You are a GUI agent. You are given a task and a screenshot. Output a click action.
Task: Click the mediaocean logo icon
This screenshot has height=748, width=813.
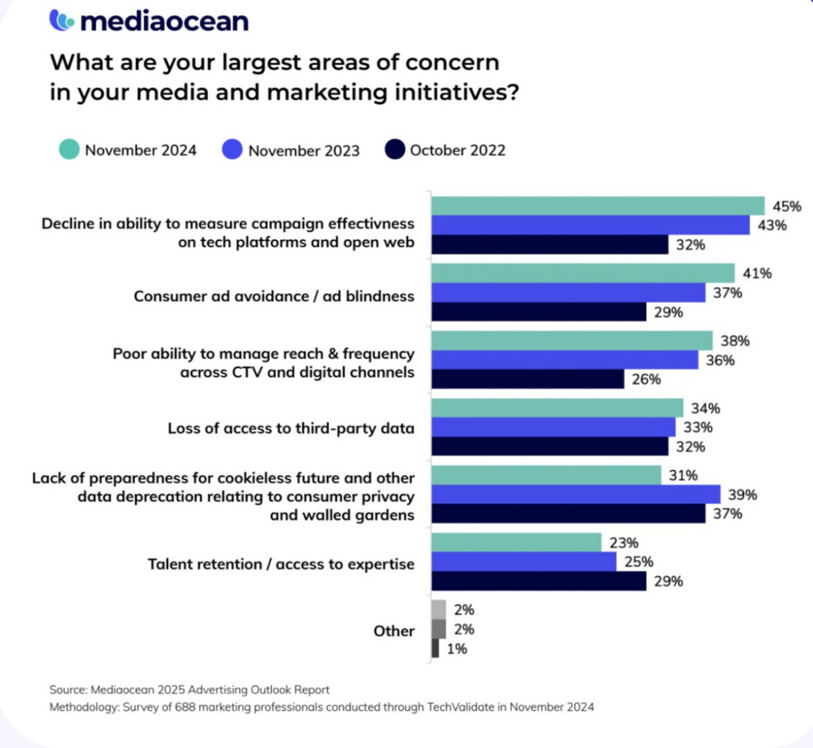(x=62, y=20)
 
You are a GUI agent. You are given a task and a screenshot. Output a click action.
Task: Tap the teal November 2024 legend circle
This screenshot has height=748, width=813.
(x=69, y=149)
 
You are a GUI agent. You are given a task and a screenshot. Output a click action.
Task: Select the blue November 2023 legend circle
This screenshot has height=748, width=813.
(x=232, y=149)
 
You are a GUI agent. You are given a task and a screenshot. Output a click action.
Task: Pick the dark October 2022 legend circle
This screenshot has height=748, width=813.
(x=394, y=149)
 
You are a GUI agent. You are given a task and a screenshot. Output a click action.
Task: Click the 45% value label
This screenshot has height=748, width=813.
(x=787, y=206)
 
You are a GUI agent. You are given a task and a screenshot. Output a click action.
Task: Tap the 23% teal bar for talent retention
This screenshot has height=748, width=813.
(x=516, y=543)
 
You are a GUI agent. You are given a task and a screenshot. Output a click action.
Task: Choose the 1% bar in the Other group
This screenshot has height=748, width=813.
(x=435, y=648)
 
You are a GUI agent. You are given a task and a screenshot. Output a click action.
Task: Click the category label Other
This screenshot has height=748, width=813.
(x=394, y=630)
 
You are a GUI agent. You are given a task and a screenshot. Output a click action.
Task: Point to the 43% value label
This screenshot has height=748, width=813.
(x=772, y=225)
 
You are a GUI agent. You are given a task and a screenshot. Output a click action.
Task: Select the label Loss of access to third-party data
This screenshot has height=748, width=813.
(x=291, y=428)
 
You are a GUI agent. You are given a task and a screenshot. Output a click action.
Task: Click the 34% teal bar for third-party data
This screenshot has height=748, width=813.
(x=557, y=408)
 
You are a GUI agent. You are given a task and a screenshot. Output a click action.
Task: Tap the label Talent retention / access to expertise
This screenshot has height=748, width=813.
(x=281, y=564)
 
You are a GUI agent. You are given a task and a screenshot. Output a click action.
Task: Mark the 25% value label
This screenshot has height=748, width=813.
(x=638, y=562)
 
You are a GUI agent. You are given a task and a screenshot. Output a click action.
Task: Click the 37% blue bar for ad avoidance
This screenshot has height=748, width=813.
(x=568, y=292)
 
